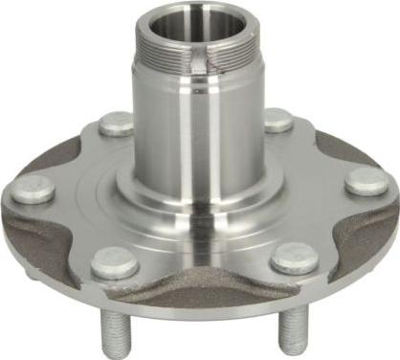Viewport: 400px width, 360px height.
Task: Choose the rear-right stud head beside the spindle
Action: point(278,120)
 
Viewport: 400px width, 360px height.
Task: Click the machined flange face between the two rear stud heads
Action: point(196,115)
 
